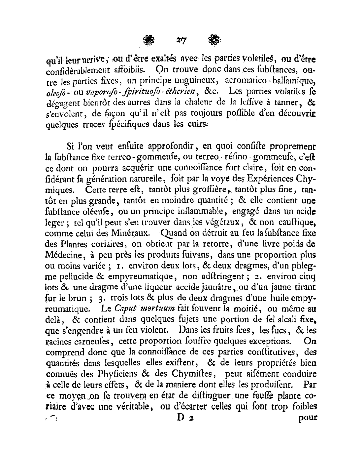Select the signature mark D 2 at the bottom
pyautogui.click(x=185, y=417)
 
